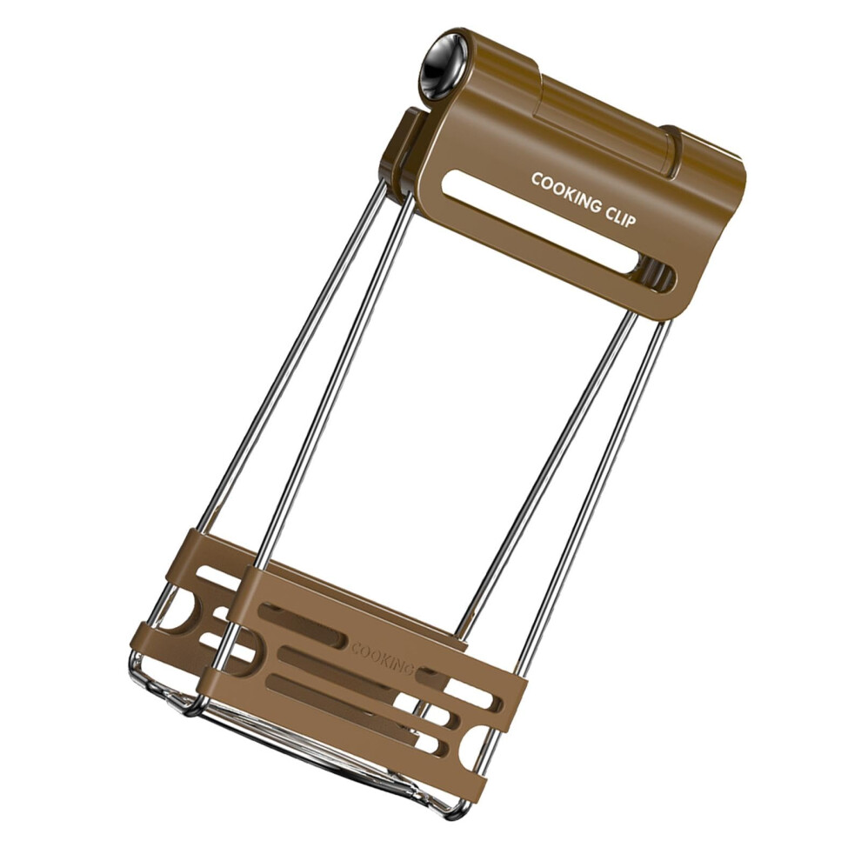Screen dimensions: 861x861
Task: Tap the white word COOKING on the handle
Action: [567, 193]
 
